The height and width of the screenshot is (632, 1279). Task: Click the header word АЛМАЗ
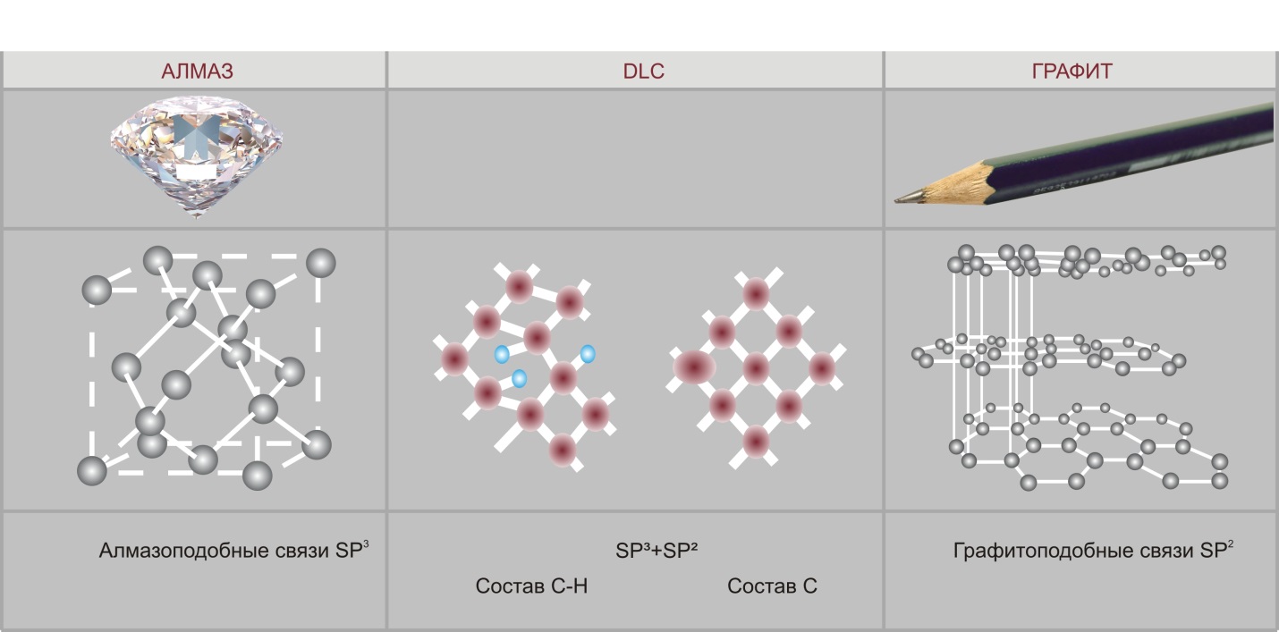[x=197, y=71]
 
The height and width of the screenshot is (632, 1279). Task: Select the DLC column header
[x=643, y=71]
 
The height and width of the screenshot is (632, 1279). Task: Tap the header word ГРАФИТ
[x=1071, y=71]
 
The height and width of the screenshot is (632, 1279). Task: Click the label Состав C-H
[x=531, y=586]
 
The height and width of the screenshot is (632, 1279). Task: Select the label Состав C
[x=772, y=586]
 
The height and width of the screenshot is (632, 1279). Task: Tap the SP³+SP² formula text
[x=656, y=551]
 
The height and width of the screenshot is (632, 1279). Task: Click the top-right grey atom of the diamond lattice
[x=321, y=263]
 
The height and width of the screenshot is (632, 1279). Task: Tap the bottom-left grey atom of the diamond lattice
[x=92, y=471]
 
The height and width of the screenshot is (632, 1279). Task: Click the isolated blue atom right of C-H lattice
[x=588, y=354]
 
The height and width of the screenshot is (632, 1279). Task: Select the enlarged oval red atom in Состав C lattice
[x=694, y=367]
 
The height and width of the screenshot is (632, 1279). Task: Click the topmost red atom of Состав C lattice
[x=756, y=294]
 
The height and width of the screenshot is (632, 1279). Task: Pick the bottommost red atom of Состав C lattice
[x=756, y=442]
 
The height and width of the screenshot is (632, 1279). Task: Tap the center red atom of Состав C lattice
[x=756, y=368]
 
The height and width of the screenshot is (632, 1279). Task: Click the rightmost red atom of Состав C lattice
[x=822, y=368]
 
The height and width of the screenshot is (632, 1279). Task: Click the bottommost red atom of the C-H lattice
[x=563, y=450]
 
